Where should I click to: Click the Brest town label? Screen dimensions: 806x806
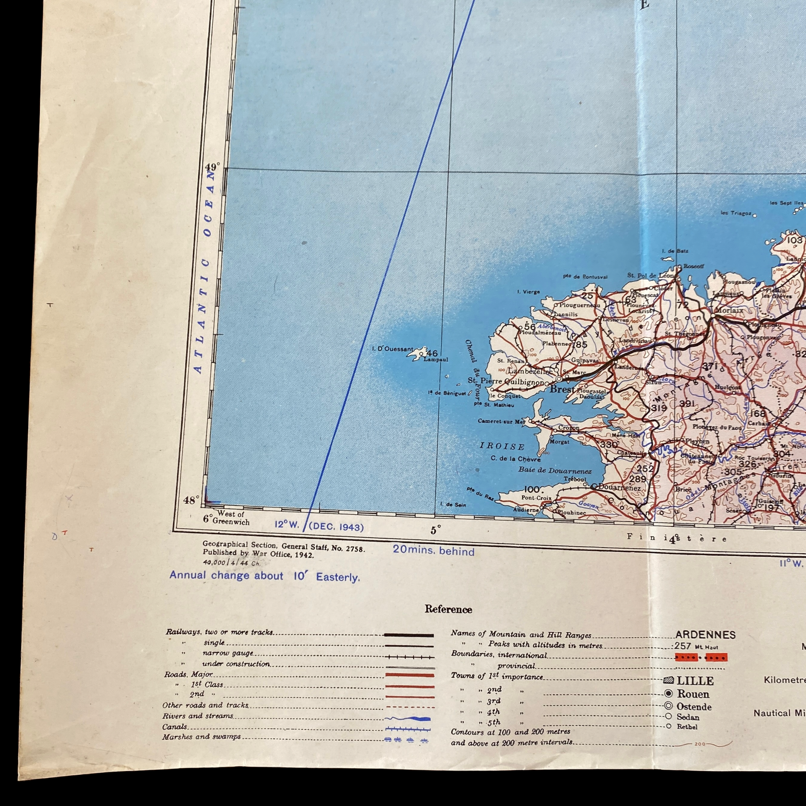click(x=562, y=389)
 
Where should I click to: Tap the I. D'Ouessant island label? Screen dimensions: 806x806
click(x=393, y=349)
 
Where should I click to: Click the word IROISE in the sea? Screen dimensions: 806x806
click(x=502, y=446)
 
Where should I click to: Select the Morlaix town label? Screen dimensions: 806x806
click(x=729, y=310)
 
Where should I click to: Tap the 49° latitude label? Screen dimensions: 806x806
click(x=212, y=167)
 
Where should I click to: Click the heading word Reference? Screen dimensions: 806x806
click(x=448, y=609)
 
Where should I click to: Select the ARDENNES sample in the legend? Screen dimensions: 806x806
click(x=705, y=635)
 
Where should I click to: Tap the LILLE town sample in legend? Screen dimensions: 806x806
click(x=695, y=680)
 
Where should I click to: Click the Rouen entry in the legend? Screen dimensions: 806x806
click(x=693, y=694)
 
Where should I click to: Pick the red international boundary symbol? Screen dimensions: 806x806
click(x=701, y=657)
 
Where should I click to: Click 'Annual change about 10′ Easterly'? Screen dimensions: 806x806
click(x=264, y=576)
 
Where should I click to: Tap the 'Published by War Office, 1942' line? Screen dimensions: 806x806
click(x=258, y=554)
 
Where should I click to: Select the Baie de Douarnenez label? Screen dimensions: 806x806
click(x=555, y=470)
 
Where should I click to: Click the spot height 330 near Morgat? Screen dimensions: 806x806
click(x=608, y=444)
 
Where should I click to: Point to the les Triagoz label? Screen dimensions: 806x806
click(x=735, y=213)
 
